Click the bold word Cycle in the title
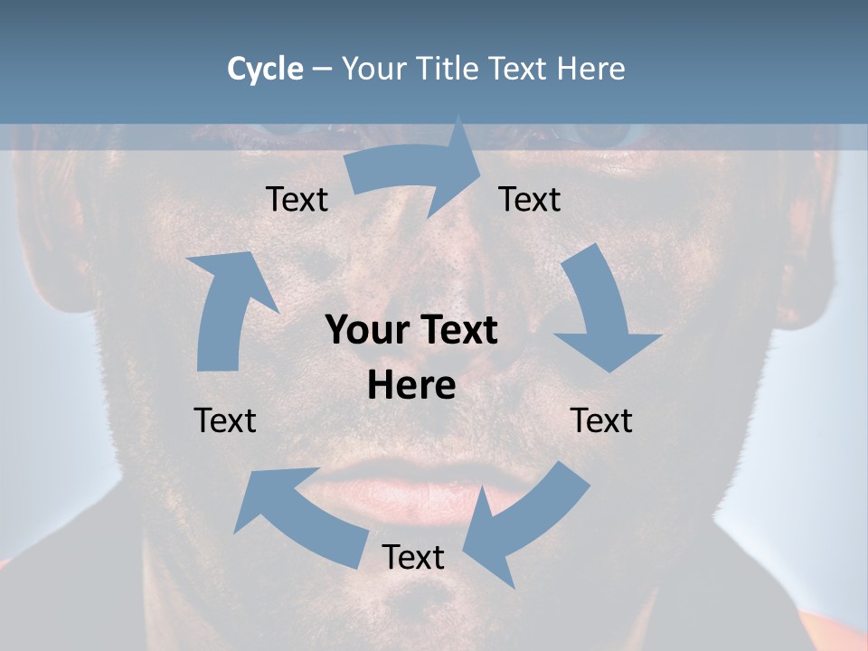coord(265,69)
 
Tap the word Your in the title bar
coord(373,69)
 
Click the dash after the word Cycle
coord(323,70)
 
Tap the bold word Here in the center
coord(411,385)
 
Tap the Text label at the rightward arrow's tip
coord(530,199)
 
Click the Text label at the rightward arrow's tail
coord(297,199)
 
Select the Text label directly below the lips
coord(413,557)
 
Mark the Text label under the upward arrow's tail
coord(225,420)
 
